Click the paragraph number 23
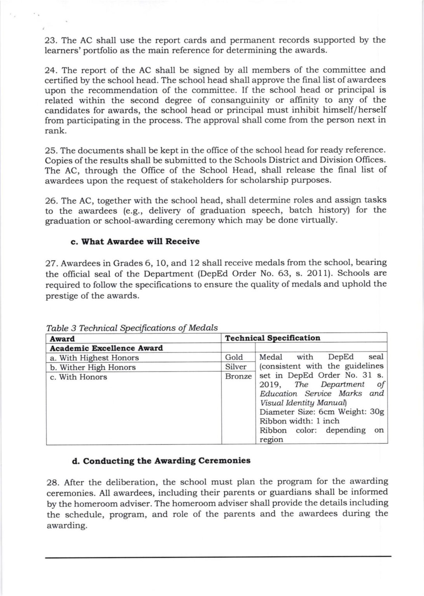pyautogui.click(x=51, y=40)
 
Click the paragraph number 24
pyautogui.click(x=51, y=70)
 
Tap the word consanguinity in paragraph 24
pyautogui.click(x=238, y=100)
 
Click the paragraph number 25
pyautogui.click(x=51, y=150)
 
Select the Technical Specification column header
pyautogui.click(x=273, y=338)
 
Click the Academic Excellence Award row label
pyautogui.click(x=106, y=348)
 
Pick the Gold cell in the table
pyautogui.click(x=234, y=357)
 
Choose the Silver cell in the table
pyautogui.click(x=236, y=367)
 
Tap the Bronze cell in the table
pyautogui.click(x=238, y=376)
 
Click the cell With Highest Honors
pyautogui.click(x=94, y=358)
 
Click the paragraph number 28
pyautogui.click(x=52, y=482)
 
